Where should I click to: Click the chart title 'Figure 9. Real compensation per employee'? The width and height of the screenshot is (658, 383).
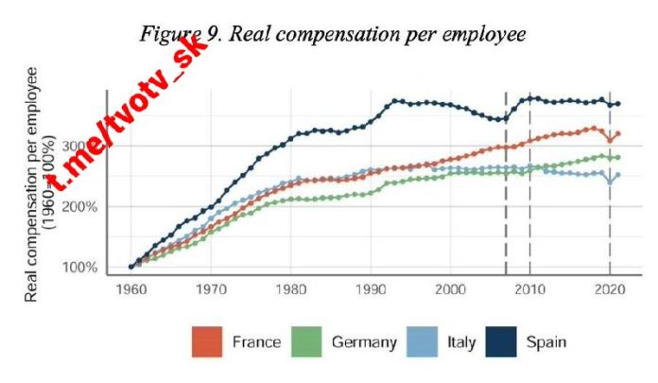coord(332,35)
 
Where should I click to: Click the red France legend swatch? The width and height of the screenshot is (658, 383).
coord(206,341)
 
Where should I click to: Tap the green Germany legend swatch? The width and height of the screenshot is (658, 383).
coord(304,341)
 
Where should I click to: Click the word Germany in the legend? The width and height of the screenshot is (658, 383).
coord(363,341)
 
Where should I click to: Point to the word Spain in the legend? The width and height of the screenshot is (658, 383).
coord(546,341)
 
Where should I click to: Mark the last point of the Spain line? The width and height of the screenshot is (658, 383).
coord(618,104)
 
